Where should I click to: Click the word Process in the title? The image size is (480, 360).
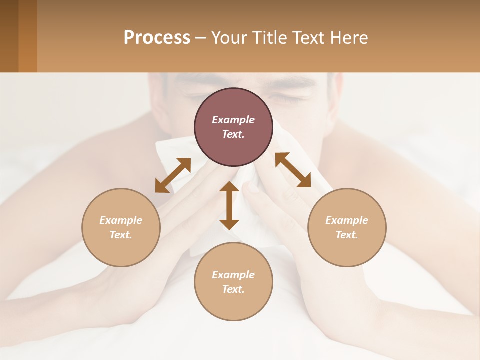[157, 38]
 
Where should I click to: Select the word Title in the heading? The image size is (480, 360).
[270, 38]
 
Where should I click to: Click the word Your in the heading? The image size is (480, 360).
[228, 38]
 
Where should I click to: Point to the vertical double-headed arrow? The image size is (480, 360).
[229, 205]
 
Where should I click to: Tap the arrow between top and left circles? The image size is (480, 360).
[173, 175]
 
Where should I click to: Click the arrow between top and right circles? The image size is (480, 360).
[293, 170]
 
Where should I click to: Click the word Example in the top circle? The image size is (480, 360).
[233, 120]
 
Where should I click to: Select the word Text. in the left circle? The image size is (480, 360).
[121, 235]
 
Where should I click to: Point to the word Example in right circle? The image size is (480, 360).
[347, 220]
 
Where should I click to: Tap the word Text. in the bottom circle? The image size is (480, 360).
[233, 289]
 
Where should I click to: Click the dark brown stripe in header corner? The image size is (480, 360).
[9, 36]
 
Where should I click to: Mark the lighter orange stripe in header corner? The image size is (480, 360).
[28, 36]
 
